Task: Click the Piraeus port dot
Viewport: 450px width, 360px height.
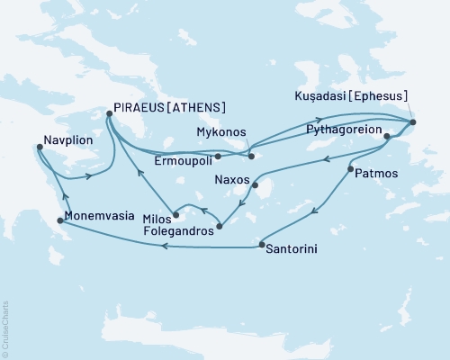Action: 109,113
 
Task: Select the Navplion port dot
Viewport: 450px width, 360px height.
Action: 39,148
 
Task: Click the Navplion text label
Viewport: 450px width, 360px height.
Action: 67,140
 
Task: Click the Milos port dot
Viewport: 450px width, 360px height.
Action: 176,215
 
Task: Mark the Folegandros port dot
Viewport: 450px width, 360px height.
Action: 220,226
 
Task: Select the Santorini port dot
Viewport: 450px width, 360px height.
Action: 260,245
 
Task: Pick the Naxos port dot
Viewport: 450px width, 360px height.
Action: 255,187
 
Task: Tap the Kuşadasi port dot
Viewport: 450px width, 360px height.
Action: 412,121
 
